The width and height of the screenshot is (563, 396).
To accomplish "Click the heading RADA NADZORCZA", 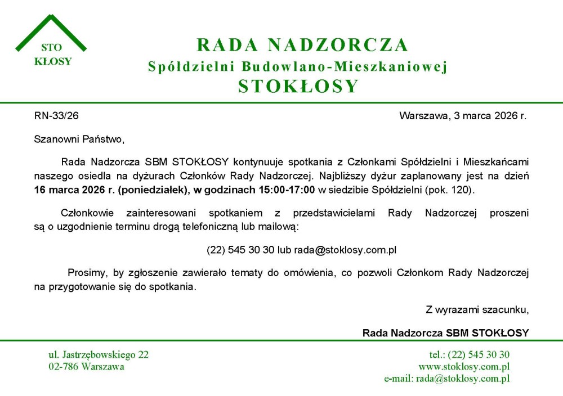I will [302, 44].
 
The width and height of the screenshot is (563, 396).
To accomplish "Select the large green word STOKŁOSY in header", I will [298, 86].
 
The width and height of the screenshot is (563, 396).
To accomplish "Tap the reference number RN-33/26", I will [56, 116].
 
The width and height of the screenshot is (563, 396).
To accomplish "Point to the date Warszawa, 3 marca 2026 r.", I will [463, 116].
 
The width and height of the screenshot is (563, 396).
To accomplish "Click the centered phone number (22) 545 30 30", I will [240, 250].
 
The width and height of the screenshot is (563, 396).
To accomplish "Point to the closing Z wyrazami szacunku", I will [477, 309].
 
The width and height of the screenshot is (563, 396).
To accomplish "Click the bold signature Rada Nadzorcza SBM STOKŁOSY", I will [445, 332].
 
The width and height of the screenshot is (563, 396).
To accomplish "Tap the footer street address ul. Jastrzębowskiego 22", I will [99, 354].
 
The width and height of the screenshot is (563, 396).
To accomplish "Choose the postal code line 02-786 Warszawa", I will [86, 367].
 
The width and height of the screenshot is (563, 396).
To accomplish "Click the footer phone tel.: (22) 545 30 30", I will [469, 354].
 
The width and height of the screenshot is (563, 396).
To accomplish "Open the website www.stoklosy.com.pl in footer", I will [464, 367].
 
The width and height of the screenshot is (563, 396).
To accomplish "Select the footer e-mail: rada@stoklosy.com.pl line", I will [446, 379].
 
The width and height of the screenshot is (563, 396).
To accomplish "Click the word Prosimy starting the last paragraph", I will [87, 273].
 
